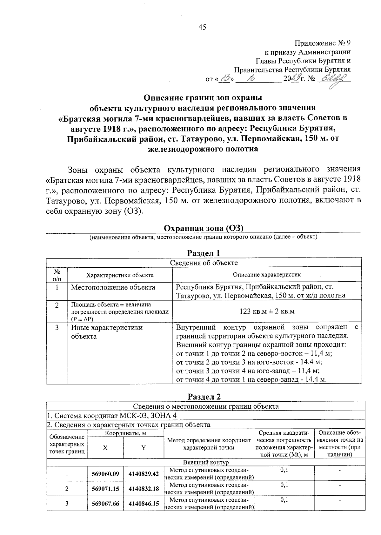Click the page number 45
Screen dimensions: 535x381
[202, 27]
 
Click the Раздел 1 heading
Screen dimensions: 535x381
[204, 253]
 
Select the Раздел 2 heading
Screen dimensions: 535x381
[204, 397]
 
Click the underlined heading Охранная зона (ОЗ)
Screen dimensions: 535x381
[203, 228]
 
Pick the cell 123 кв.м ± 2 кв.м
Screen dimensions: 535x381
[267, 311]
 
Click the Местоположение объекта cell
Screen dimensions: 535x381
[113, 287]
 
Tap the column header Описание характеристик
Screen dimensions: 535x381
[267, 275]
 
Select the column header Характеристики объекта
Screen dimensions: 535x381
[120, 275]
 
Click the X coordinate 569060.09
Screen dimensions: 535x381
[105, 474]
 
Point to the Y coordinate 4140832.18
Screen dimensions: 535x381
[144, 489]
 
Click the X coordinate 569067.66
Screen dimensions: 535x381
[105, 504]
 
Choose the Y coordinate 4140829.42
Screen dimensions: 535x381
[144, 474]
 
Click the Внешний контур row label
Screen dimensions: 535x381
[205, 462]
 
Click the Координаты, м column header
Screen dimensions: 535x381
[125, 433]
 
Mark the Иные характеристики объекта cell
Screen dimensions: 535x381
[107, 332]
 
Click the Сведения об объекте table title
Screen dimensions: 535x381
[204, 263]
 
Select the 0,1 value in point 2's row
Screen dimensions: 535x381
[284, 485]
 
